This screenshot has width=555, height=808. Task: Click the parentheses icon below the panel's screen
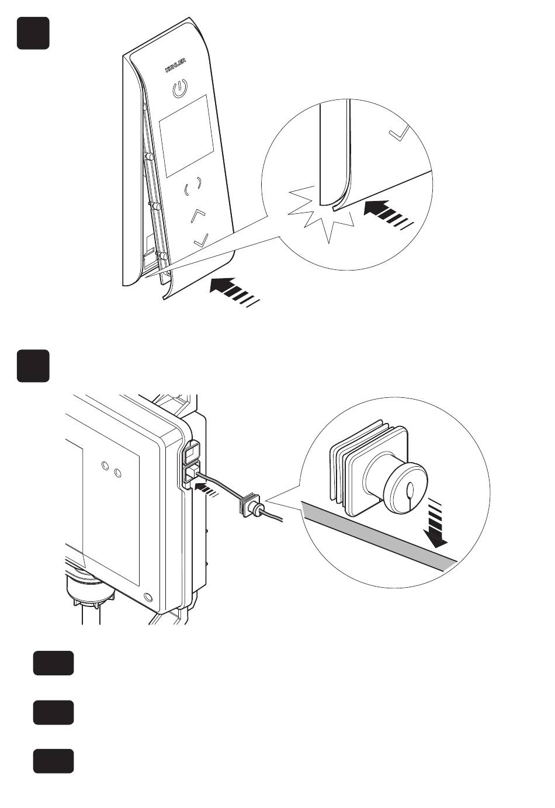193,186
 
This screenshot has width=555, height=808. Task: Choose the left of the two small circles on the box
105,466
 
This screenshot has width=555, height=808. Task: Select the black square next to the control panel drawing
33,33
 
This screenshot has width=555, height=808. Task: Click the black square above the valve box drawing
33,366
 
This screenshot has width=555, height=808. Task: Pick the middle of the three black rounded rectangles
53,712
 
